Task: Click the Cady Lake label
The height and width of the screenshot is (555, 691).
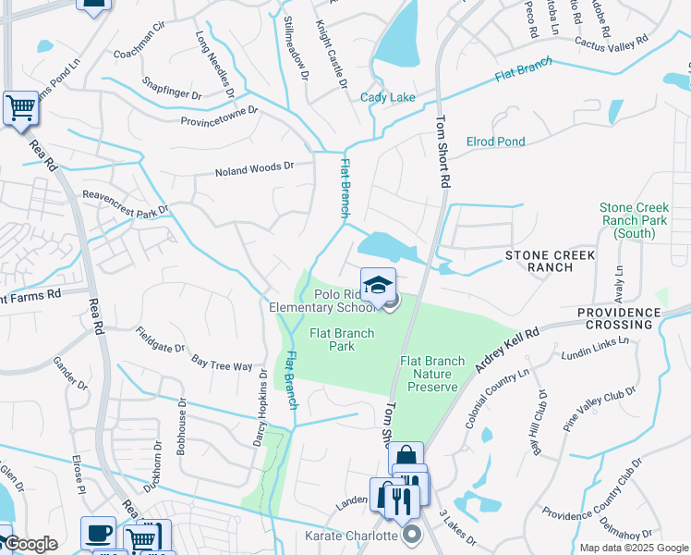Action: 387,98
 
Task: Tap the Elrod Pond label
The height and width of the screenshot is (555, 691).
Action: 496,142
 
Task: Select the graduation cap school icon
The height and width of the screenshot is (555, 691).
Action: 378,285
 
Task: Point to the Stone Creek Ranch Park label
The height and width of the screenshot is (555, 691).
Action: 633,221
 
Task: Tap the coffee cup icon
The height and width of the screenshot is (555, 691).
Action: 99,533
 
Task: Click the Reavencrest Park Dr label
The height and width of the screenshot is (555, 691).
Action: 127,203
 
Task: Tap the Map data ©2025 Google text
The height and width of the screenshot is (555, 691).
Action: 633,548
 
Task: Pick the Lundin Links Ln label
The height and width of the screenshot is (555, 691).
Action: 595,348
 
